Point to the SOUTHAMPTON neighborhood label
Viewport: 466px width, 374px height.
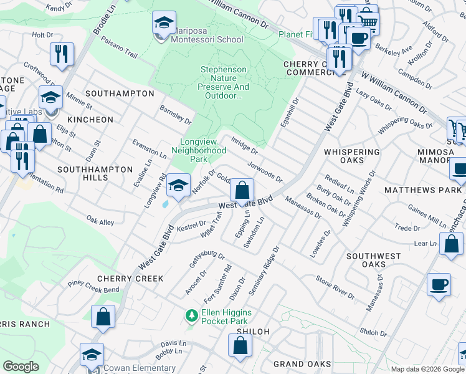pos(120,93)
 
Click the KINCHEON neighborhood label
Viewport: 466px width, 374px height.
pos(90,119)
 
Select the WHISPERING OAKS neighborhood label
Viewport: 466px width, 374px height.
pos(352,156)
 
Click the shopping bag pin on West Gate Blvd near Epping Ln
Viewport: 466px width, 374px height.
pos(242,191)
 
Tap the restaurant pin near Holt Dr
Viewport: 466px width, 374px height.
pos(62,54)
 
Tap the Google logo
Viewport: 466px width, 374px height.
pos(21,367)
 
